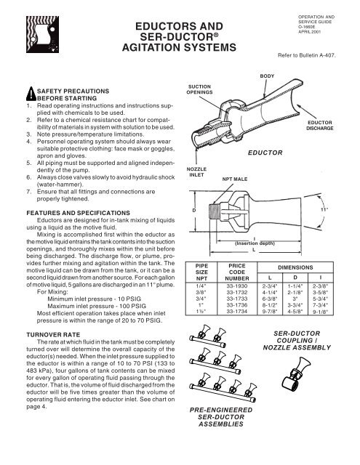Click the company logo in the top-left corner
[42, 34]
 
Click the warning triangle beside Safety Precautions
[31, 94]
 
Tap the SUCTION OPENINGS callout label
[199, 89]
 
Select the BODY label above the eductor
[267, 76]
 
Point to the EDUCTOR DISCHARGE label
[320, 126]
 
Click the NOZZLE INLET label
[196, 172]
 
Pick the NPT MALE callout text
[235, 179]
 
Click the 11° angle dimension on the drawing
[324, 209]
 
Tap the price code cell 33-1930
[237, 286]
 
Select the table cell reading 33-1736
[237, 305]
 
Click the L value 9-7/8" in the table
[270, 312]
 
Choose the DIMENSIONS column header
[295, 267]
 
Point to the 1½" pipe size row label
[201, 312]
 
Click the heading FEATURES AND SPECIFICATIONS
[79, 213]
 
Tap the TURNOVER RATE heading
[53, 335]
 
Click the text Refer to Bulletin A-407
[307, 55]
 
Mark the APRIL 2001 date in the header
[310, 32]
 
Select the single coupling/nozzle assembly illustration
[296, 373]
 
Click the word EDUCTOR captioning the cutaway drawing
[265, 153]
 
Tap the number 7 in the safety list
[28, 192]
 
